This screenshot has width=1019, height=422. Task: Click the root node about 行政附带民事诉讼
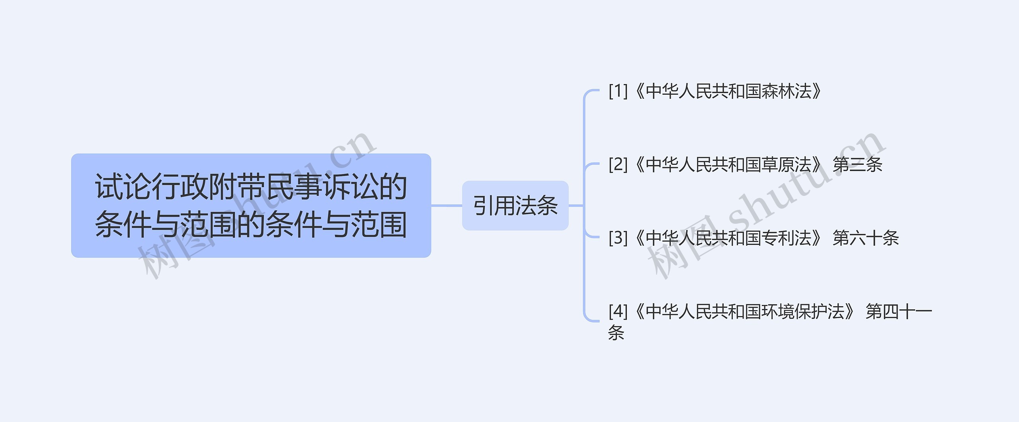(251, 205)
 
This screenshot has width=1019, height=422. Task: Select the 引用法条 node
(515, 205)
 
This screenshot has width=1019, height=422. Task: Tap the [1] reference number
(618, 91)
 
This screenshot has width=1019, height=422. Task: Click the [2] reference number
(618, 164)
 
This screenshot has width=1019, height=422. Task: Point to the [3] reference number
(618, 238)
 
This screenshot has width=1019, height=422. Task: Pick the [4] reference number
(618, 311)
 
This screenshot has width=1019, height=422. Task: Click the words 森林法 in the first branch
(787, 91)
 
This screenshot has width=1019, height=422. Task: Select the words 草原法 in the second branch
(787, 164)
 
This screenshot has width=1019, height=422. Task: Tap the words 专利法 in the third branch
(787, 238)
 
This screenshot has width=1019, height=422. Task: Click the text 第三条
(857, 164)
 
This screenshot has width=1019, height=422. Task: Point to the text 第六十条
(866, 238)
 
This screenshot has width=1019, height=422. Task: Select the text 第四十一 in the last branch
(899, 311)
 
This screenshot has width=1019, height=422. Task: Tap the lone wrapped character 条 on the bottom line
(616, 332)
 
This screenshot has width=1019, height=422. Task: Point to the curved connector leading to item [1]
(587, 96)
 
